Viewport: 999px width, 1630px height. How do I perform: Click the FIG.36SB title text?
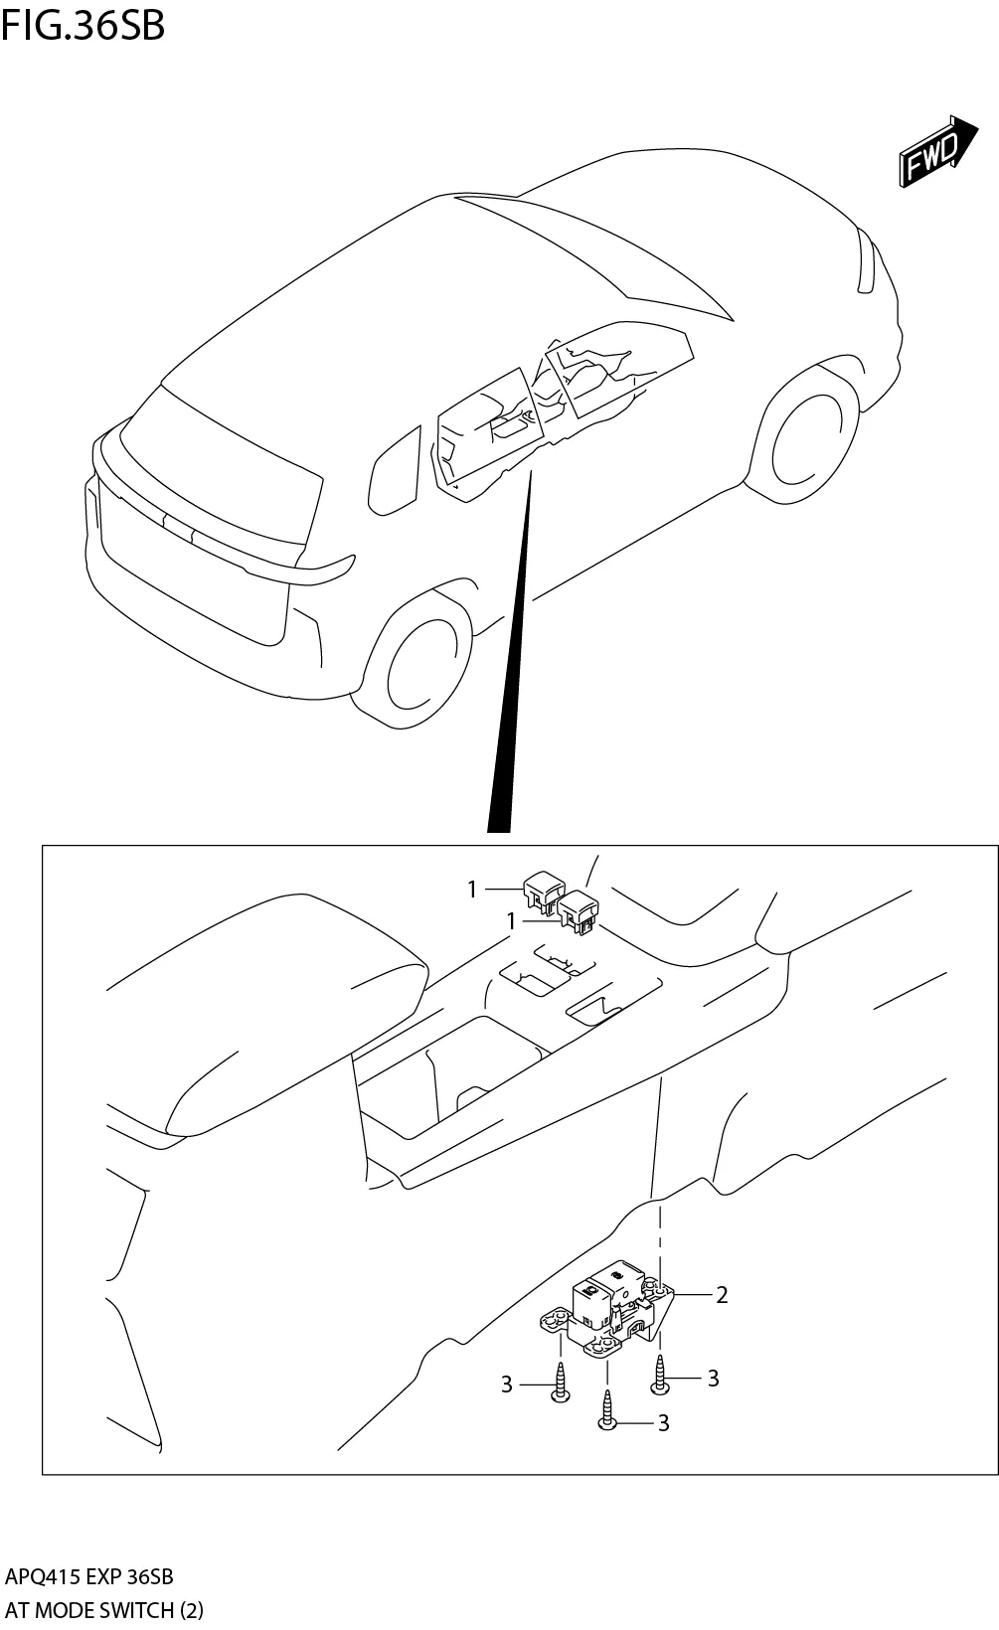click(83, 25)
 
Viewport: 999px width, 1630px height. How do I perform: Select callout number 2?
click(722, 1294)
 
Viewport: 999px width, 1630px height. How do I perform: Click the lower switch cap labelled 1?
click(579, 912)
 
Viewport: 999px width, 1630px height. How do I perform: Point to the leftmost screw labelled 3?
click(561, 1384)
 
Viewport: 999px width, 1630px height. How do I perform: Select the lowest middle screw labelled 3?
click(606, 1410)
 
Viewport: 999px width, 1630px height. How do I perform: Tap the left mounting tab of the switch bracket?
click(554, 1319)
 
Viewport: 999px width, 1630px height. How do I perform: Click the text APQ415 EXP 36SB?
click(89, 1576)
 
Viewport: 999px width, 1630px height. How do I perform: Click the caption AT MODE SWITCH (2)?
click(103, 1610)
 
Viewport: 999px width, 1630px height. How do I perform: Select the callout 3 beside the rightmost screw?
click(713, 1378)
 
